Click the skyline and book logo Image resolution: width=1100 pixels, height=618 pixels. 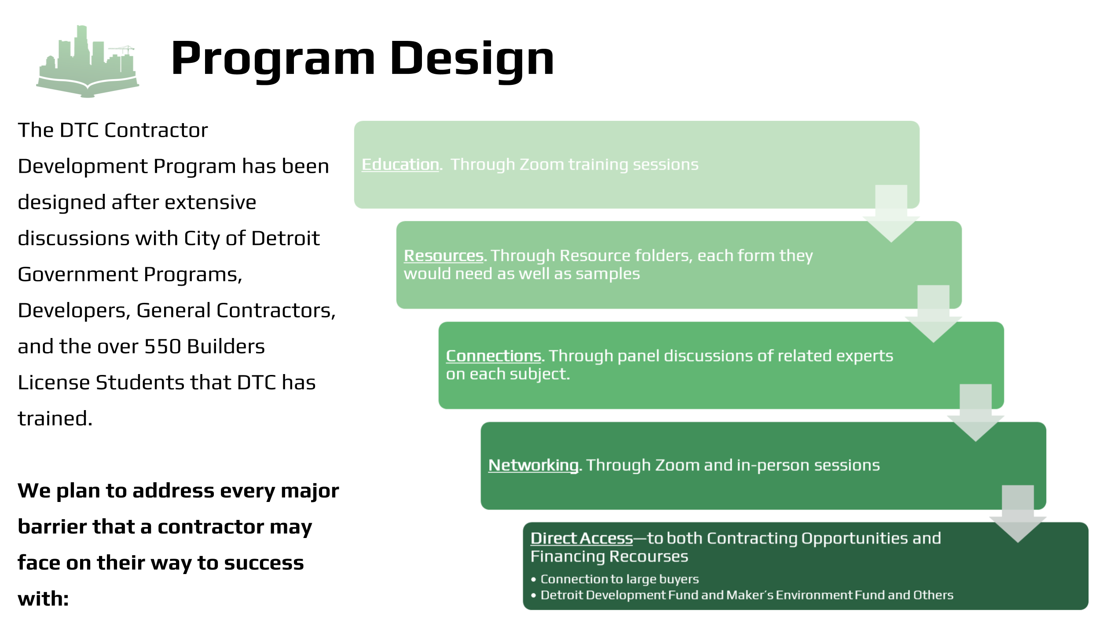pyautogui.click(x=88, y=62)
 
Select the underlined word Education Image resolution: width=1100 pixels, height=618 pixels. pyautogui.click(x=400, y=164)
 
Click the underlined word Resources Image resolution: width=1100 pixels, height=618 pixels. pyautogui.click(x=444, y=255)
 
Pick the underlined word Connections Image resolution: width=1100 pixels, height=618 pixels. pyautogui.click(x=493, y=356)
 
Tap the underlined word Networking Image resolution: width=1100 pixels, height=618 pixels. pyautogui.click(x=533, y=465)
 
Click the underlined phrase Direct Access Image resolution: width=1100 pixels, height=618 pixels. pyautogui.click(x=581, y=538)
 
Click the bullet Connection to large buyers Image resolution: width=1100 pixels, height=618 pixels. pyautogui.click(x=619, y=579)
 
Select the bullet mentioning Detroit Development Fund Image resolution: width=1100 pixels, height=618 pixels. pyautogui.click(x=746, y=595)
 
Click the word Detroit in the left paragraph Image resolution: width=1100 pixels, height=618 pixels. pyautogui.click(x=285, y=238)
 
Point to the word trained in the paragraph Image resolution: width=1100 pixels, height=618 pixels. pyautogui.click(x=55, y=418)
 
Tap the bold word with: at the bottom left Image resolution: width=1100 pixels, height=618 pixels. pyautogui.click(x=43, y=599)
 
